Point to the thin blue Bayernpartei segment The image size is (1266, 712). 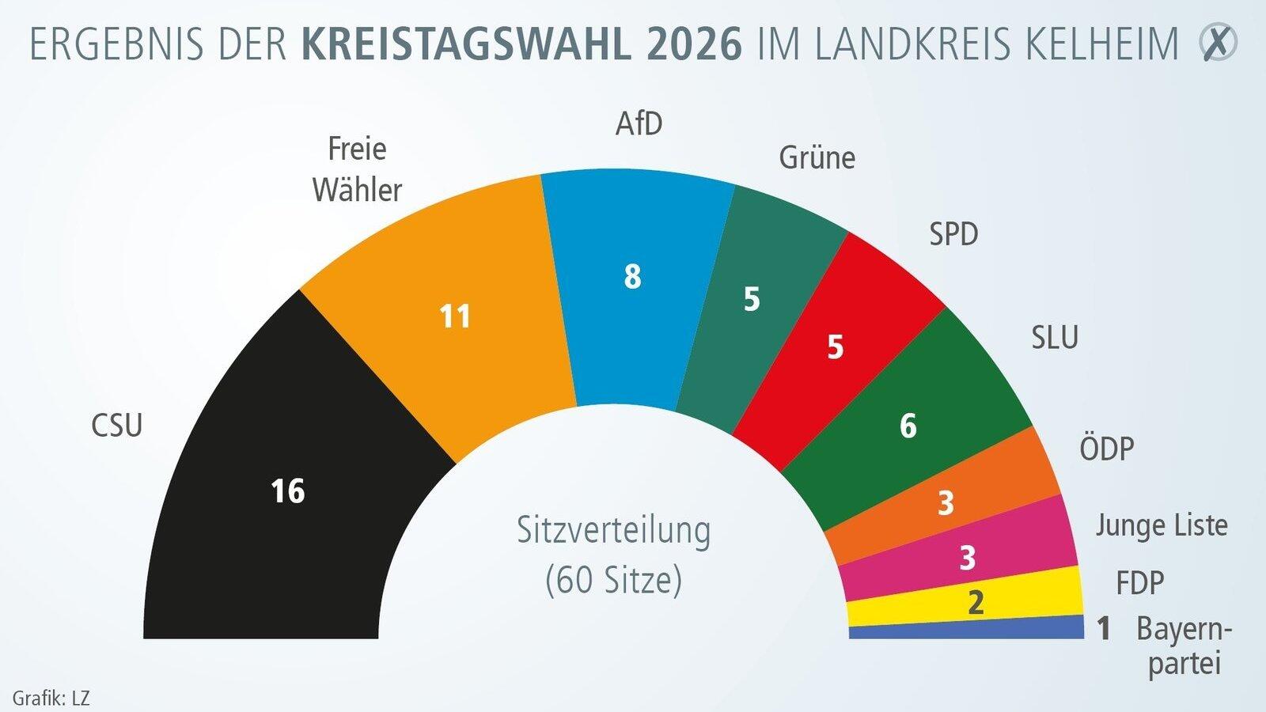pyautogui.click(x=965, y=631)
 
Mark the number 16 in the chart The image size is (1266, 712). pyautogui.click(x=287, y=491)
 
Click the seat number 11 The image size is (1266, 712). pyautogui.click(x=455, y=316)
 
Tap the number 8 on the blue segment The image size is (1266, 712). pyautogui.click(x=632, y=277)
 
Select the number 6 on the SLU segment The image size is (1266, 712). pyautogui.click(x=908, y=426)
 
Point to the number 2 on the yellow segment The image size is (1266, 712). pyautogui.click(x=976, y=604)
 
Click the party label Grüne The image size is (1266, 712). pyautogui.click(x=817, y=158)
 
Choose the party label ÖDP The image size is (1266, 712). pyautogui.click(x=1106, y=449)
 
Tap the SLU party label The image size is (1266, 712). pyautogui.click(x=1055, y=338)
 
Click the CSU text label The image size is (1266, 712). pyautogui.click(x=117, y=426)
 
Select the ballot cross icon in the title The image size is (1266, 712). pyautogui.click(x=1218, y=43)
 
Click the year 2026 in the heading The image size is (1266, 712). pyautogui.click(x=694, y=44)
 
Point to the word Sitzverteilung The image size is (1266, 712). pyautogui.click(x=613, y=530)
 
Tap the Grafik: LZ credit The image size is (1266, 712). pyautogui.click(x=51, y=699)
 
